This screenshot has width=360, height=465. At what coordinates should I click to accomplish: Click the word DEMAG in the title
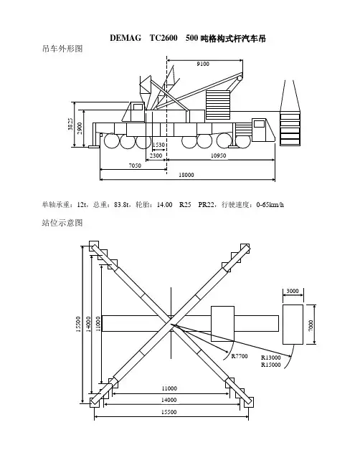(125, 38)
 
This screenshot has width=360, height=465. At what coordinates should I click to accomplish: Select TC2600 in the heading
(164, 38)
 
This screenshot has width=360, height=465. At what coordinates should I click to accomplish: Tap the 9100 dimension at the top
(203, 64)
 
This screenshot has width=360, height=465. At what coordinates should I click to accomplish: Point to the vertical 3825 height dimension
(70, 124)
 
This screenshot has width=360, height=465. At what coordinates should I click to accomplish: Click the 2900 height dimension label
(80, 128)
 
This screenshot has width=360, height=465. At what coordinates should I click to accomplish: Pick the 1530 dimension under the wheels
(158, 145)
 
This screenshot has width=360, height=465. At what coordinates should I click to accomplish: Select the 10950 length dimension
(219, 155)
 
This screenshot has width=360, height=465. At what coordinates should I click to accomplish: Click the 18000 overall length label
(186, 175)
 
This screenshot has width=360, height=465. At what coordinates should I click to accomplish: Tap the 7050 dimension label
(135, 166)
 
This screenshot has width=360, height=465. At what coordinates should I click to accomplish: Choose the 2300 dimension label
(156, 155)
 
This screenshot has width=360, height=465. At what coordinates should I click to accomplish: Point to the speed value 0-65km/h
(270, 205)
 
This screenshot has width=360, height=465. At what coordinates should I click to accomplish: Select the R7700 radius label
(240, 356)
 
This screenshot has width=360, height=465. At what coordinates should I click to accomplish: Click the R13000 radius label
(271, 358)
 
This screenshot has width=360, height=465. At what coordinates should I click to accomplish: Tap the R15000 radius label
(271, 365)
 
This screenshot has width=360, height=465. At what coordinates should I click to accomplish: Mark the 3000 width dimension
(293, 291)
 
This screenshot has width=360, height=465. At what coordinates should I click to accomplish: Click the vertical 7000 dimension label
(311, 325)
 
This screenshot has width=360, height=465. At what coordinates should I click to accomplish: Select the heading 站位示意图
(62, 222)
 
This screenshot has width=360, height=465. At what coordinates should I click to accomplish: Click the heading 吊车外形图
(62, 48)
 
